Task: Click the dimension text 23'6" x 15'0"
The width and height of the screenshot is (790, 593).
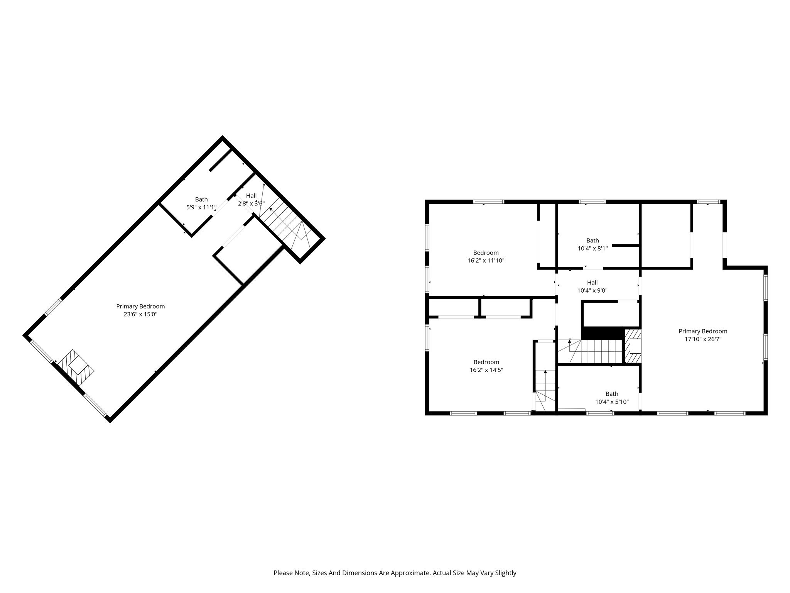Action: coord(140,314)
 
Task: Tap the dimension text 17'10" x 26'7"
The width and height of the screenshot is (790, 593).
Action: coord(703,339)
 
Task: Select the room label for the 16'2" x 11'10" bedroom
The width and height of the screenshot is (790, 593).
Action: coord(486,253)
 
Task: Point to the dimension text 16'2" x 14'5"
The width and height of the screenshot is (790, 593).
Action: coord(486,370)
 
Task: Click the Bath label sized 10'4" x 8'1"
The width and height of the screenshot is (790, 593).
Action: coord(593,241)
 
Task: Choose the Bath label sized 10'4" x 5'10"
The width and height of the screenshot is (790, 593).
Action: coord(612,394)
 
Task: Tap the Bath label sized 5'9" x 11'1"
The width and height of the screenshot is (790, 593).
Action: coord(201,199)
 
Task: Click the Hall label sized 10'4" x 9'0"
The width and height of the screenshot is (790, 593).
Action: coord(592,283)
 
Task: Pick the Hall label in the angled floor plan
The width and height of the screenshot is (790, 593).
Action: coord(251,196)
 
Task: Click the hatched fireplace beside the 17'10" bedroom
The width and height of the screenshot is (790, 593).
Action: coord(633,346)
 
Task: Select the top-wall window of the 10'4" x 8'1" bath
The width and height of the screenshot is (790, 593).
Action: coord(592,202)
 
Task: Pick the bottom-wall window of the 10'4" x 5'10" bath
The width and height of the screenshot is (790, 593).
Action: coord(600,413)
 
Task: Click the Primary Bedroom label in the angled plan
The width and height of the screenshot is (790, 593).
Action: coord(140,307)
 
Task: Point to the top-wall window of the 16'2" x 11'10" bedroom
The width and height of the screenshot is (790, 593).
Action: coord(489,202)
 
